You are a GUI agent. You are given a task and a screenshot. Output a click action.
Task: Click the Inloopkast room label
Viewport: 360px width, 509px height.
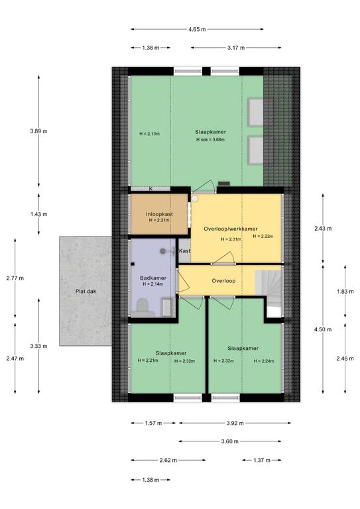[x=159, y=214]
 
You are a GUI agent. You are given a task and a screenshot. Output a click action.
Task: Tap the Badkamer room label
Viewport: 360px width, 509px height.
[x=153, y=278]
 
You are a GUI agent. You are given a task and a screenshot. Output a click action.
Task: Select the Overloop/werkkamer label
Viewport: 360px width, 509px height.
[x=231, y=229]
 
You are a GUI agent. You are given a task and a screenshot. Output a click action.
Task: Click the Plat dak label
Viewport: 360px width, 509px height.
[x=86, y=291]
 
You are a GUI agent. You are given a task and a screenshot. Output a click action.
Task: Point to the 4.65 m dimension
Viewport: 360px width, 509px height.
[x=197, y=29]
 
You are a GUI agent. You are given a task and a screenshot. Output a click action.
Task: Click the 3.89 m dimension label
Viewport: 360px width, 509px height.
[x=38, y=131]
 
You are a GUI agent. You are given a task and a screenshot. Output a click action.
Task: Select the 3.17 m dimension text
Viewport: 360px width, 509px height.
[x=236, y=48]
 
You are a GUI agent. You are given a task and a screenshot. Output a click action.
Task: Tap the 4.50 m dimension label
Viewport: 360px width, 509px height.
[x=323, y=329]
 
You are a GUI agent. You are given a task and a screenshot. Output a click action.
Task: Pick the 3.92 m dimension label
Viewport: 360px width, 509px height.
[x=235, y=423]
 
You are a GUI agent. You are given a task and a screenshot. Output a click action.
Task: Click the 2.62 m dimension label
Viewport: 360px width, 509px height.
[x=168, y=460]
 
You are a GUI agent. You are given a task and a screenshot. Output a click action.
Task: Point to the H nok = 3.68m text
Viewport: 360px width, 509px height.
[x=211, y=140]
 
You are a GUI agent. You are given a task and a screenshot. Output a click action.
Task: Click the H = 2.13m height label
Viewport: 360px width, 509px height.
[x=149, y=134]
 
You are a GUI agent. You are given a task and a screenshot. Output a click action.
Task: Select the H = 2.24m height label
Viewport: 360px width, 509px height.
[x=264, y=361]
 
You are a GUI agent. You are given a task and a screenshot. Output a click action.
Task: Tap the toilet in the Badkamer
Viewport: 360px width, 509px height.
[x=142, y=308]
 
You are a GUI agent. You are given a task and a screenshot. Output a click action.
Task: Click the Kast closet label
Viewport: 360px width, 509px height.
[x=185, y=251]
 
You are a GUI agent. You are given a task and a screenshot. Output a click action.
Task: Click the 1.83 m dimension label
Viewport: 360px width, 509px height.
[x=345, y=292]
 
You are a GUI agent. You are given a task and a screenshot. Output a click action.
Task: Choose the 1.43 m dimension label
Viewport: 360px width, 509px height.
[x=38, y=214]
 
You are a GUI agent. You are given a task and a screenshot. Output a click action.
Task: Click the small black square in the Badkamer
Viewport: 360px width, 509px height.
[x=133, y=264]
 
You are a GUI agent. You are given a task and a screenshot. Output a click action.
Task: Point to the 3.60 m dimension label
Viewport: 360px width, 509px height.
[x=230, y=441]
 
